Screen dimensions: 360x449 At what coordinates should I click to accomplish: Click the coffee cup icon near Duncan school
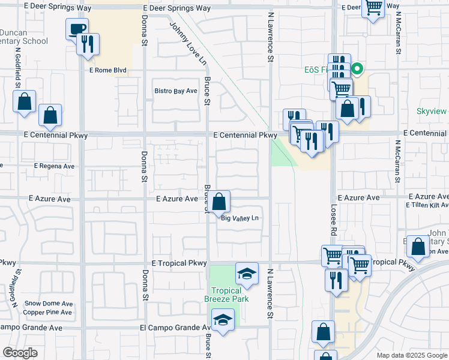pyautogui.click(x=77, y=29)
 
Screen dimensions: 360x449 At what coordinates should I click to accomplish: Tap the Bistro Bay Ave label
pyautogui.click(x=176, y=91)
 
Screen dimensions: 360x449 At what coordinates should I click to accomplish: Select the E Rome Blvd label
pyautogui.click(x=107, y=70)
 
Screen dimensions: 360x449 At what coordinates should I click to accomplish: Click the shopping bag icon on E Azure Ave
pyautogui.click(x=219, y=202)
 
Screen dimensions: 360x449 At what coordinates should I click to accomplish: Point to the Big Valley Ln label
pyautogui.click(x=240, y=218)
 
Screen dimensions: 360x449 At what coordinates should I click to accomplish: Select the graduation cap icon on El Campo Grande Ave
pyautogui.click(x=223, y=320)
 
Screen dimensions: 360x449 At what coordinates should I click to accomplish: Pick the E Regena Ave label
pyautogui.click(x=55, y=166)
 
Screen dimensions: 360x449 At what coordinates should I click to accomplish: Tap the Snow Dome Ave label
pyautogui.click(x=48, y=303)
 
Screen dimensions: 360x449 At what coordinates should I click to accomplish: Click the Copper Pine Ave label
pyautogui.click(x=48, y=313)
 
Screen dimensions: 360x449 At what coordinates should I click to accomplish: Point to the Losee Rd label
pyautogui.click(x=333, y=218)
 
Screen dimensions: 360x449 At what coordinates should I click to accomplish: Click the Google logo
pyautogui.click(x=20, y=353)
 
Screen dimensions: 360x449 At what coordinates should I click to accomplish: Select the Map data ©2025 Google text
pyautogui.click(x=411, y=355)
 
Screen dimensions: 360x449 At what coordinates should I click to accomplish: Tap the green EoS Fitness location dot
pyautogui.click(x=357, y=70)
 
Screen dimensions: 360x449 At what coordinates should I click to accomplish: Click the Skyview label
pyautogui.click(x=432, y=112)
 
